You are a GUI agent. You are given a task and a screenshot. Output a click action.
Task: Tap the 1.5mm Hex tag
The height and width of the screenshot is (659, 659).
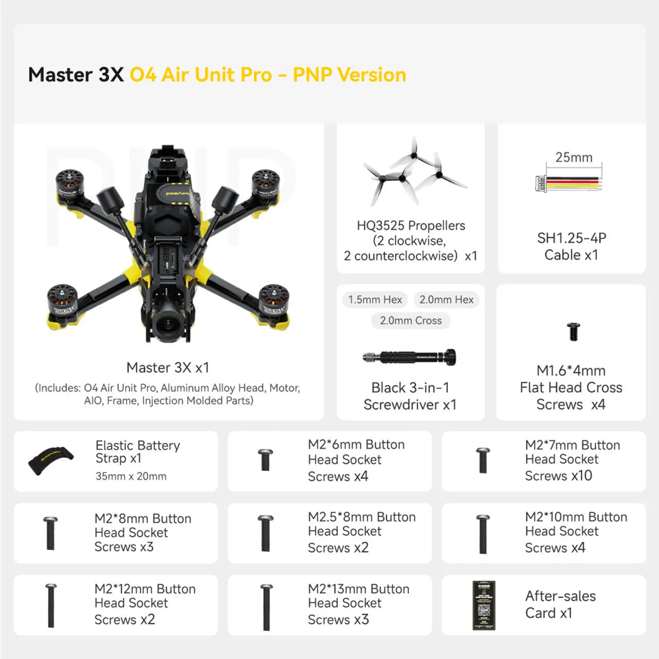click(375, 300)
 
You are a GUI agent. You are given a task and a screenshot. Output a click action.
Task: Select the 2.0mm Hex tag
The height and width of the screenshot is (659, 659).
click(446, 300)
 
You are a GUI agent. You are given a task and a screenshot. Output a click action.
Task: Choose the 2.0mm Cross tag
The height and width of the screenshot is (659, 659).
click(410, 321)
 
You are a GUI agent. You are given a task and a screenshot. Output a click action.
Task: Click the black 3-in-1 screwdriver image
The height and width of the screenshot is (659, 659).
click(410, 357)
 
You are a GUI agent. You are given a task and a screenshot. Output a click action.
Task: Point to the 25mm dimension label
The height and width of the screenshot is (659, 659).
click(574, 158)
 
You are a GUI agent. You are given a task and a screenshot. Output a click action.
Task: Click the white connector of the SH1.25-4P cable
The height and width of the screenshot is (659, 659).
click(541, 183)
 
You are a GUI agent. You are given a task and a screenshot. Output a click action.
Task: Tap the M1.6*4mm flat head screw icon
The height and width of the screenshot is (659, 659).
click(573, 332)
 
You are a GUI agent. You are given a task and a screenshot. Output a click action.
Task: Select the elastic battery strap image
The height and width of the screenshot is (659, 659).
click(50, 460)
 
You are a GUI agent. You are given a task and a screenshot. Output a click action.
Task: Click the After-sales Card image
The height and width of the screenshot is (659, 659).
click(483, 605)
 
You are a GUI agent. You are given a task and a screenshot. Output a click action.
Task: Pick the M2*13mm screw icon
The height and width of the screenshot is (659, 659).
click(266, 607)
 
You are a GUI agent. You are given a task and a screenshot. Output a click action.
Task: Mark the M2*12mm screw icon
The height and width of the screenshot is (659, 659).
click(51, 605)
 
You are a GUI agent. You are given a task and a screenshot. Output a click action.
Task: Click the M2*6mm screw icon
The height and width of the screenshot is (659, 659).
click(265, 460)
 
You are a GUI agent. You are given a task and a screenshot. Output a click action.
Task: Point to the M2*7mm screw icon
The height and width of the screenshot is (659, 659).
click(483, 460)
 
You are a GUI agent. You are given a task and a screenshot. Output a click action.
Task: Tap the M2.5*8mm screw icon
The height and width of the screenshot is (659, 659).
click(266, 533)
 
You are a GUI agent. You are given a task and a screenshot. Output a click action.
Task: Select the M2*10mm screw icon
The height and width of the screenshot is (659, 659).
click(483, 534)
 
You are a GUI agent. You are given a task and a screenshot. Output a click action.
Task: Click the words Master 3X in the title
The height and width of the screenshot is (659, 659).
click(76, 75)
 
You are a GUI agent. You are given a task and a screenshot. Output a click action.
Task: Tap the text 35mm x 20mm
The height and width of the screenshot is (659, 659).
click(131, 476)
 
